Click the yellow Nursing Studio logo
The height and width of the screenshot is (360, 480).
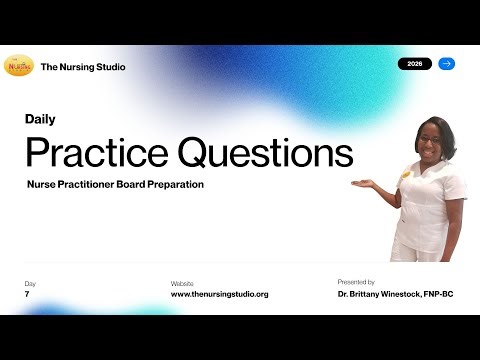tap(19, 66)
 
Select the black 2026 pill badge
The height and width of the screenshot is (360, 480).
tap(415, 64)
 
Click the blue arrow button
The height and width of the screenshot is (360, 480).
tap(447, 64)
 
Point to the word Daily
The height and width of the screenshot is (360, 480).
tap(40, 119)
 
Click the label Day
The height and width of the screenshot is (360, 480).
tap(30, 284)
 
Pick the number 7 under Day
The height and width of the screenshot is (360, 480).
tap(27, 295)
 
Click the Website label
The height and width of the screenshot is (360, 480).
tap(182, 284)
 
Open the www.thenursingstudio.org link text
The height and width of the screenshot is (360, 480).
tap(219, 295)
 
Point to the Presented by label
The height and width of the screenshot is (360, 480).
tap(356, 283)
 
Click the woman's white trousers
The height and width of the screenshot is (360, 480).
tap(420, 245)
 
